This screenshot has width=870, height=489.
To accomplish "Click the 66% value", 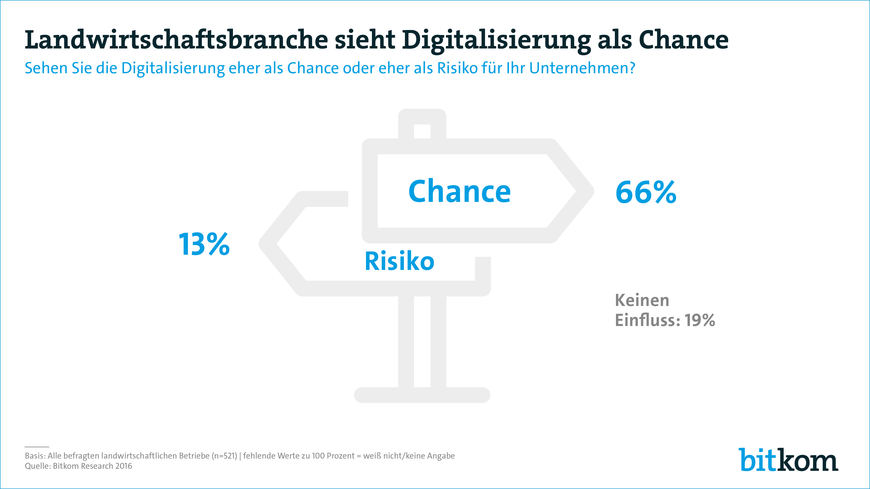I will pyautogui.click(x=646, y=192).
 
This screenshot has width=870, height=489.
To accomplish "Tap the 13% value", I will pyautogui.click(x=204, y=244).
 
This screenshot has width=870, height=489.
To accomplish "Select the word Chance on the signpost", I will pyautogui.click(x=459, y=192).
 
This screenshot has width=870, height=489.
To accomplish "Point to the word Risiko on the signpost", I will pyautogui.click(x=400, y=261).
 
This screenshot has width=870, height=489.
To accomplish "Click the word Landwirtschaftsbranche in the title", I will pyautogui.click(x=176, y=40).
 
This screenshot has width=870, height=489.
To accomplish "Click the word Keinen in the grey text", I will pyautogui.click(x=642, y=300).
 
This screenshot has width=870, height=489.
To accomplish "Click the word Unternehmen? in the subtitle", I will pyautogui.click(x=582, y=68).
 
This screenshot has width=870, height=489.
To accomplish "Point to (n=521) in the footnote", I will pyautogui.click(x=225, y=456).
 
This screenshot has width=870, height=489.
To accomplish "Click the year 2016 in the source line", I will pyautogui.click(x=124, y=466).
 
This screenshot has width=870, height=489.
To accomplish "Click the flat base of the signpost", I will pyautogui.click(x=422, y=395).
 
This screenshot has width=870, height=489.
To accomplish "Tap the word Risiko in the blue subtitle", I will pyautogui.click(x=458, y=68).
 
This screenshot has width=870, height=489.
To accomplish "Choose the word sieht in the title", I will pyautogui.click(x=365, y=40).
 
